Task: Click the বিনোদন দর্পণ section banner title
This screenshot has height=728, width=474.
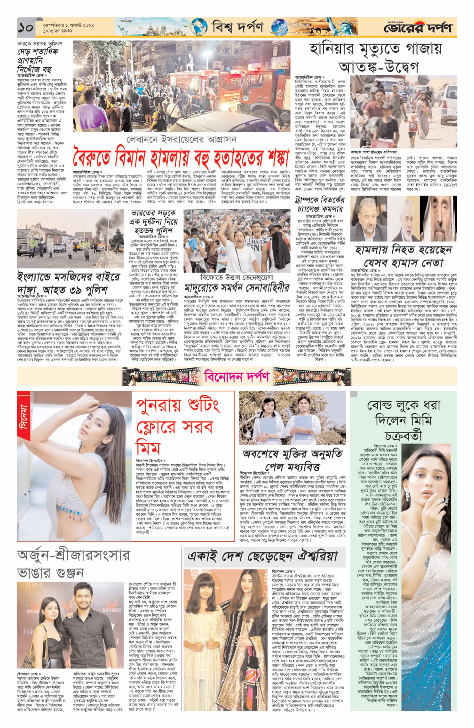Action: [237, 377]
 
